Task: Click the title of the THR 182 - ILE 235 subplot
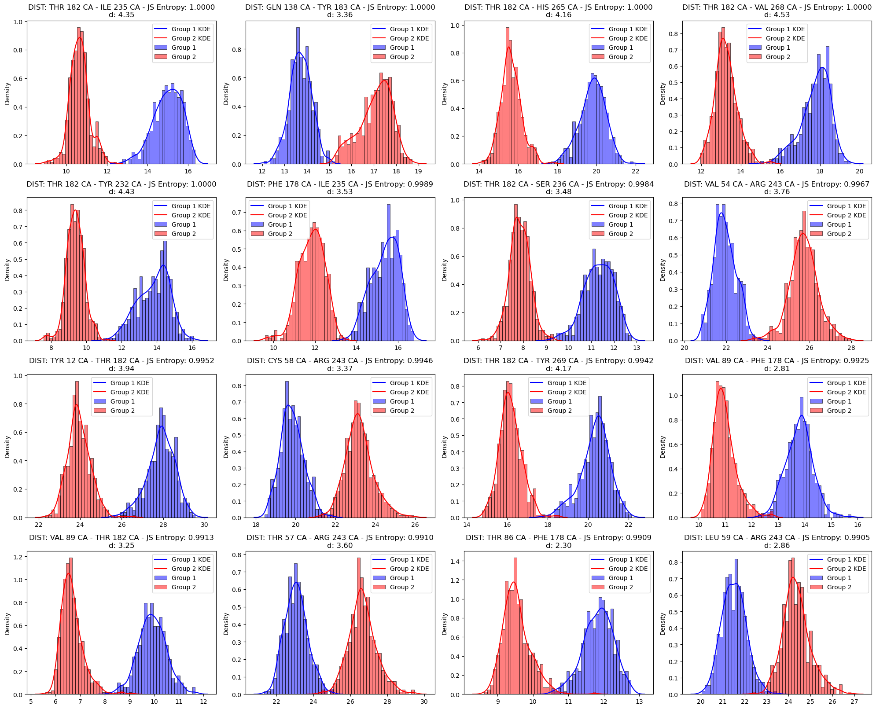pos(121,7)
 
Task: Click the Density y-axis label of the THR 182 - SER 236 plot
pos(444,269)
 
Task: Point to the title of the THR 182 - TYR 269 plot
pos(558,361)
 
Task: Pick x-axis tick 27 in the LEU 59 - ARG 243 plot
pos(854,702)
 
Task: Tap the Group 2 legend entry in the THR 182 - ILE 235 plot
pos(183,57)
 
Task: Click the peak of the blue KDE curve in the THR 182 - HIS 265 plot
pos(595,78)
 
